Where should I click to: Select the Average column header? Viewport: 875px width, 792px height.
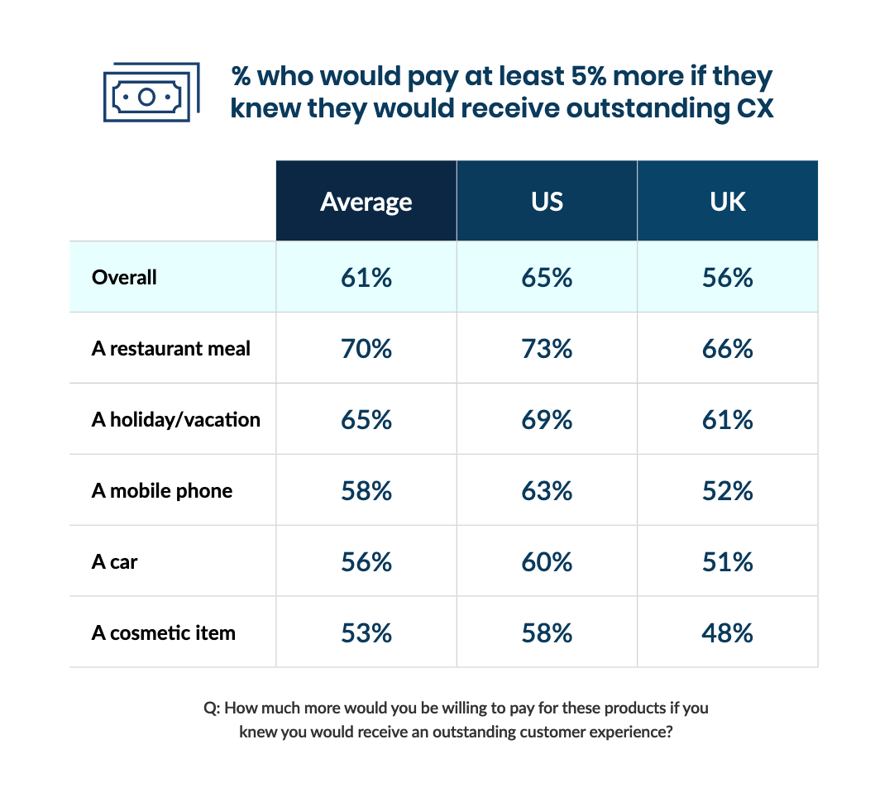pyautogui.click(x=366, y=202)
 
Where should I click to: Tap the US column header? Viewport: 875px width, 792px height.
pyautogui.click(x=547, y=202)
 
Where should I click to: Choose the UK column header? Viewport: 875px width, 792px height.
pyautogui.click(x=728, y=202)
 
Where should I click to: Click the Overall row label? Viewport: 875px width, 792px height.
pyautogui.click(x=124, y=277)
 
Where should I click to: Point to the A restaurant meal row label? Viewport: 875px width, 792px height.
pyautogui.click(x=170, y=348)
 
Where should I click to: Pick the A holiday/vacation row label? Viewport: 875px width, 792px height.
pyautogui.click(x=175, y=419)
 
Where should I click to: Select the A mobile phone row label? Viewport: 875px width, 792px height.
pyautogui.click(x=162, y=490)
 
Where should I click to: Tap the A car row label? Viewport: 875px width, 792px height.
pyautogui.click(x=114, y=561)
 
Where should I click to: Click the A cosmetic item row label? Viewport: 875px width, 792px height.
pyautogui.click(x=163, y=632)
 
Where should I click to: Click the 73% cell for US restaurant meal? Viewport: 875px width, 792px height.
pyautogui.click(x=547, y=348)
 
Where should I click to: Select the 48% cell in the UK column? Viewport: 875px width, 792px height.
pyautogui.click(x=728, y=632)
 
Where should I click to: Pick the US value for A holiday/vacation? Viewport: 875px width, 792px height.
pyautogui.click(x=547, y=419)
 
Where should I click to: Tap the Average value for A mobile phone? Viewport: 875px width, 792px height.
pyautogui.click(x=366, y=490)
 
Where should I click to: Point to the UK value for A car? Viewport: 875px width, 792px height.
pyautogui.click(x=728, y=561)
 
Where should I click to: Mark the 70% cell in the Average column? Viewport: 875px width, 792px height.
pyautogui.click(x=366, y=348)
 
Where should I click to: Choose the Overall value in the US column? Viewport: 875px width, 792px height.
pyautogui.click(x=547, y=277)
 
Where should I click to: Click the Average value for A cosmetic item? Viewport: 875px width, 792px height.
pyautogui.click(x=366, y=632)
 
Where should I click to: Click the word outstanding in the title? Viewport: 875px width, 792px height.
pyautogui.click(x=641, y=108)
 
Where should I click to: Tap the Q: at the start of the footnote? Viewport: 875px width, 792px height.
pyautogui.click(x=211, y=709)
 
